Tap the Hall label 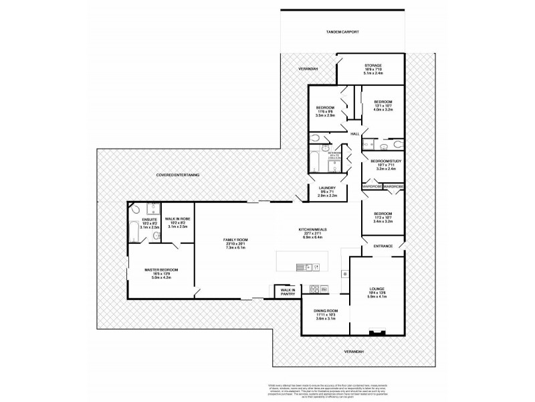click(354, 134)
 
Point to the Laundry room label click(327, 188)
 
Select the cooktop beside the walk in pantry click(314, 289)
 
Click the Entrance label click(383, 246)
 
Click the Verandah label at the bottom click(354, 351)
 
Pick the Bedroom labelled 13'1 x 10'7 click(384, 102)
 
